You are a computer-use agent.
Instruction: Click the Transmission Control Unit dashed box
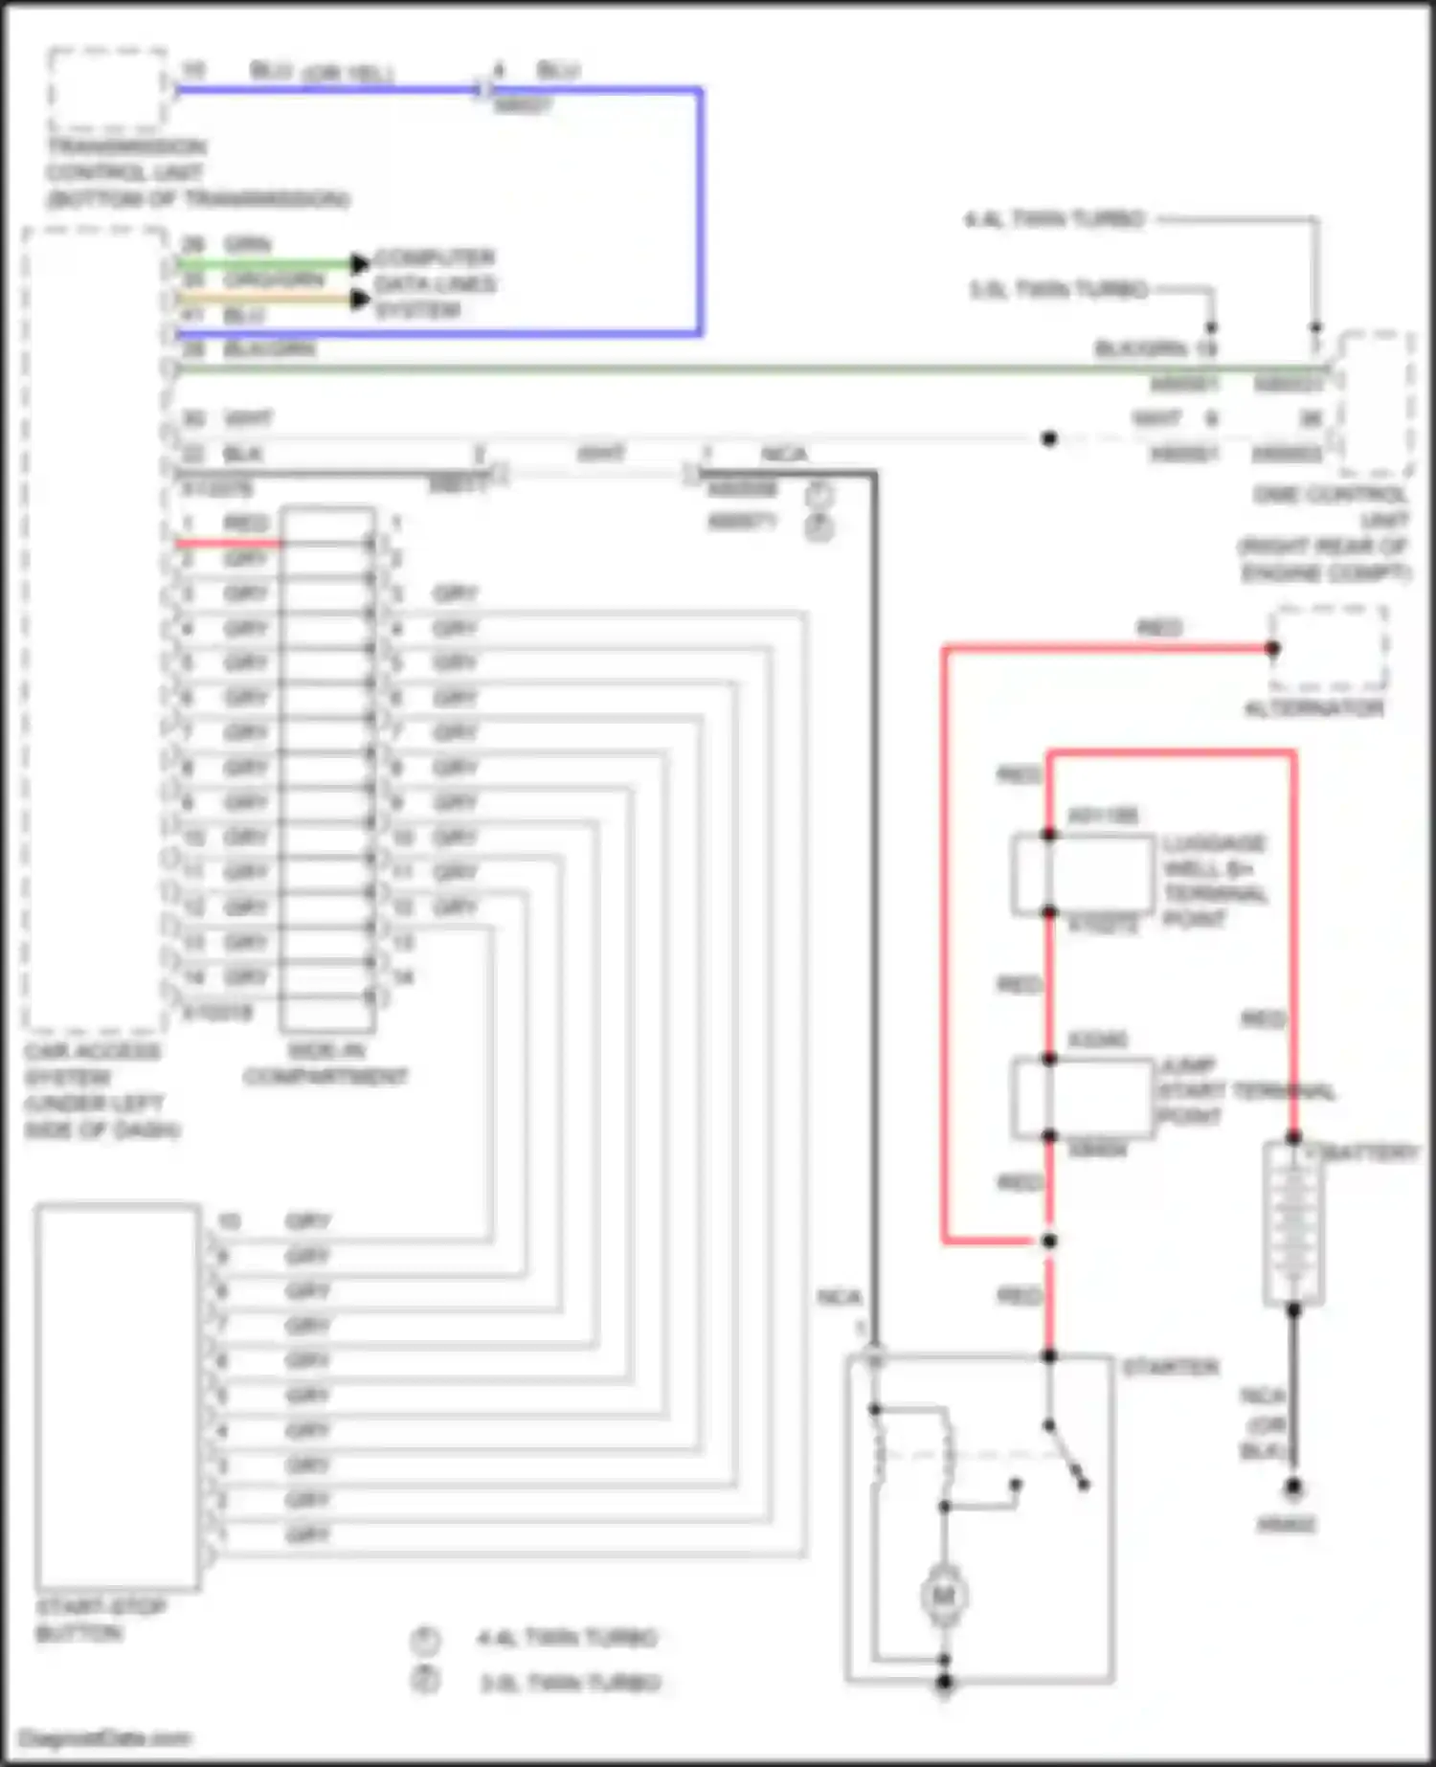(107, 88)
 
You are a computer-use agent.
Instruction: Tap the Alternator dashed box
(1328, 648)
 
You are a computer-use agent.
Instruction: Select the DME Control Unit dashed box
(1376, 403)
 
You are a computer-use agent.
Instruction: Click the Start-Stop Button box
(117, 1397)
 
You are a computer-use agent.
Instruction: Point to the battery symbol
(1292, 1222)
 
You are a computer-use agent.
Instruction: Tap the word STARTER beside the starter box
(1170, 1367)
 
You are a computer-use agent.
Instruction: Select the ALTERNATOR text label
(1313, 709)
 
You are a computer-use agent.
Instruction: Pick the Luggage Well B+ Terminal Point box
(1082, 873)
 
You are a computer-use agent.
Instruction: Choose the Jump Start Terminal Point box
(1082, 1097)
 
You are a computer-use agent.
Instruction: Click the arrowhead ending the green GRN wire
(360, 263)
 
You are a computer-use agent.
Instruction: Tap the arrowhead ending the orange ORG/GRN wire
(360, 299)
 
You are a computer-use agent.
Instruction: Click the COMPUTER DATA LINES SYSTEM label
(435, 284)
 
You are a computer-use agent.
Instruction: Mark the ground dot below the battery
(1292, 1487)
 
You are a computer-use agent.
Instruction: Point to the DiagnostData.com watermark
(104, 1737)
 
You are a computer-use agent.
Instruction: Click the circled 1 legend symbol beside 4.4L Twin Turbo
(425, 1641)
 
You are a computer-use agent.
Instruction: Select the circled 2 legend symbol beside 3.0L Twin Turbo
(425, 1680)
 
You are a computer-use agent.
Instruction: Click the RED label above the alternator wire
(1158, 629)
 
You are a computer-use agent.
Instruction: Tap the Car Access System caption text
(101, 1090)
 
